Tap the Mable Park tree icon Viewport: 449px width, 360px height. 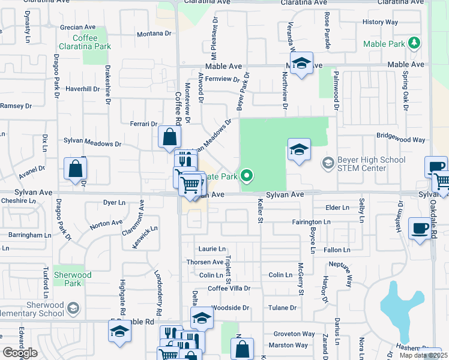[x=413, y=43]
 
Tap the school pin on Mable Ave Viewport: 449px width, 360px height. [x=301, y=63]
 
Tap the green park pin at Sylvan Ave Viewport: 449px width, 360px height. [x=247, y=176]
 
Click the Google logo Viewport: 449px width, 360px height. [x=19, y=352]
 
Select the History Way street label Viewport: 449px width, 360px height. [x=380, y=22]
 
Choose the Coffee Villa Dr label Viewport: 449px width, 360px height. [x=229, y=289]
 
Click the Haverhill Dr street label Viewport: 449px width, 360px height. [x=82, y=89]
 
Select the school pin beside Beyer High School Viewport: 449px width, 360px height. [x=299, y=150]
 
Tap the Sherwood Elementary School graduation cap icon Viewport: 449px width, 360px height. [x=73, y=308]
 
